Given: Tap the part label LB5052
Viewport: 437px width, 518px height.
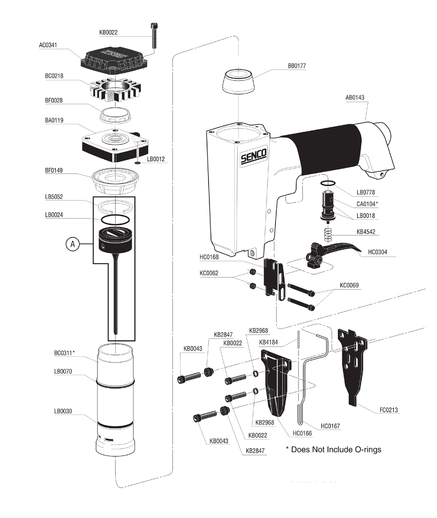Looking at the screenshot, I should point(54,197).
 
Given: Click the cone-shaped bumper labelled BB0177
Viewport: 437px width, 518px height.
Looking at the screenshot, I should point(238,83).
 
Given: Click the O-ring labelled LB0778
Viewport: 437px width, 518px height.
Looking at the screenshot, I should point(328,184).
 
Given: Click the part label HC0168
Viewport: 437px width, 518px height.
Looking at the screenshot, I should point(210,257).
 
